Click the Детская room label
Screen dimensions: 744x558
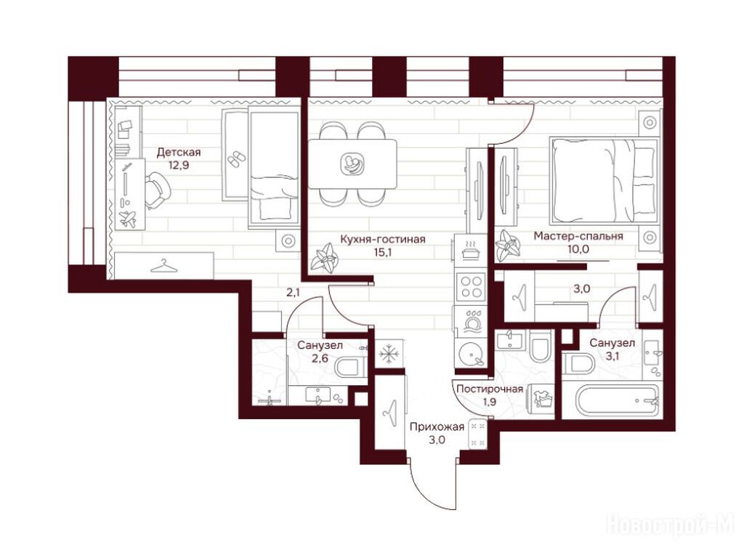click(179, 153)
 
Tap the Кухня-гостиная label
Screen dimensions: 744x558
click(383, 239)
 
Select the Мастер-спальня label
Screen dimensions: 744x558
click(578, 236)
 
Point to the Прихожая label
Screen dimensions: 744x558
click(437, 426)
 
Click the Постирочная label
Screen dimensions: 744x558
click(490, 389)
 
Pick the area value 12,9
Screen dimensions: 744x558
click(179, 165)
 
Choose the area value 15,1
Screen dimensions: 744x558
click(383, 252)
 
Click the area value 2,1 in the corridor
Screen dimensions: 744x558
click(293, 292)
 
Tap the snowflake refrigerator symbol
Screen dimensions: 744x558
click(389, 354)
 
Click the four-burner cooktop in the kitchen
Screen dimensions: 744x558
click(471, 286)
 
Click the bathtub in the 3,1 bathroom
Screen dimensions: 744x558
click(618, 401)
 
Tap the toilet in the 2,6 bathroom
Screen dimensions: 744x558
click(350, 366)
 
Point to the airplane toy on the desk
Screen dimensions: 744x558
click(128, 219)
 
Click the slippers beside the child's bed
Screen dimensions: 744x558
click(236, 159)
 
